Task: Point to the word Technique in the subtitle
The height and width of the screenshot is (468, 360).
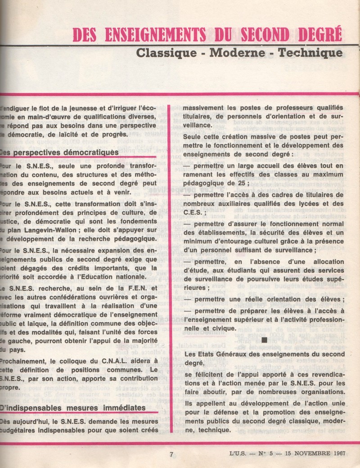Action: [310, 53]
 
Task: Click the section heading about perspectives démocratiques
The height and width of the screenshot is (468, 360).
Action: [60, 152]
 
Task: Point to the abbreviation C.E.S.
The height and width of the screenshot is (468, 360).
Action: [194, 213]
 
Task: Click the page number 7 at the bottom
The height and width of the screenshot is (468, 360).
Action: [171, 454]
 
